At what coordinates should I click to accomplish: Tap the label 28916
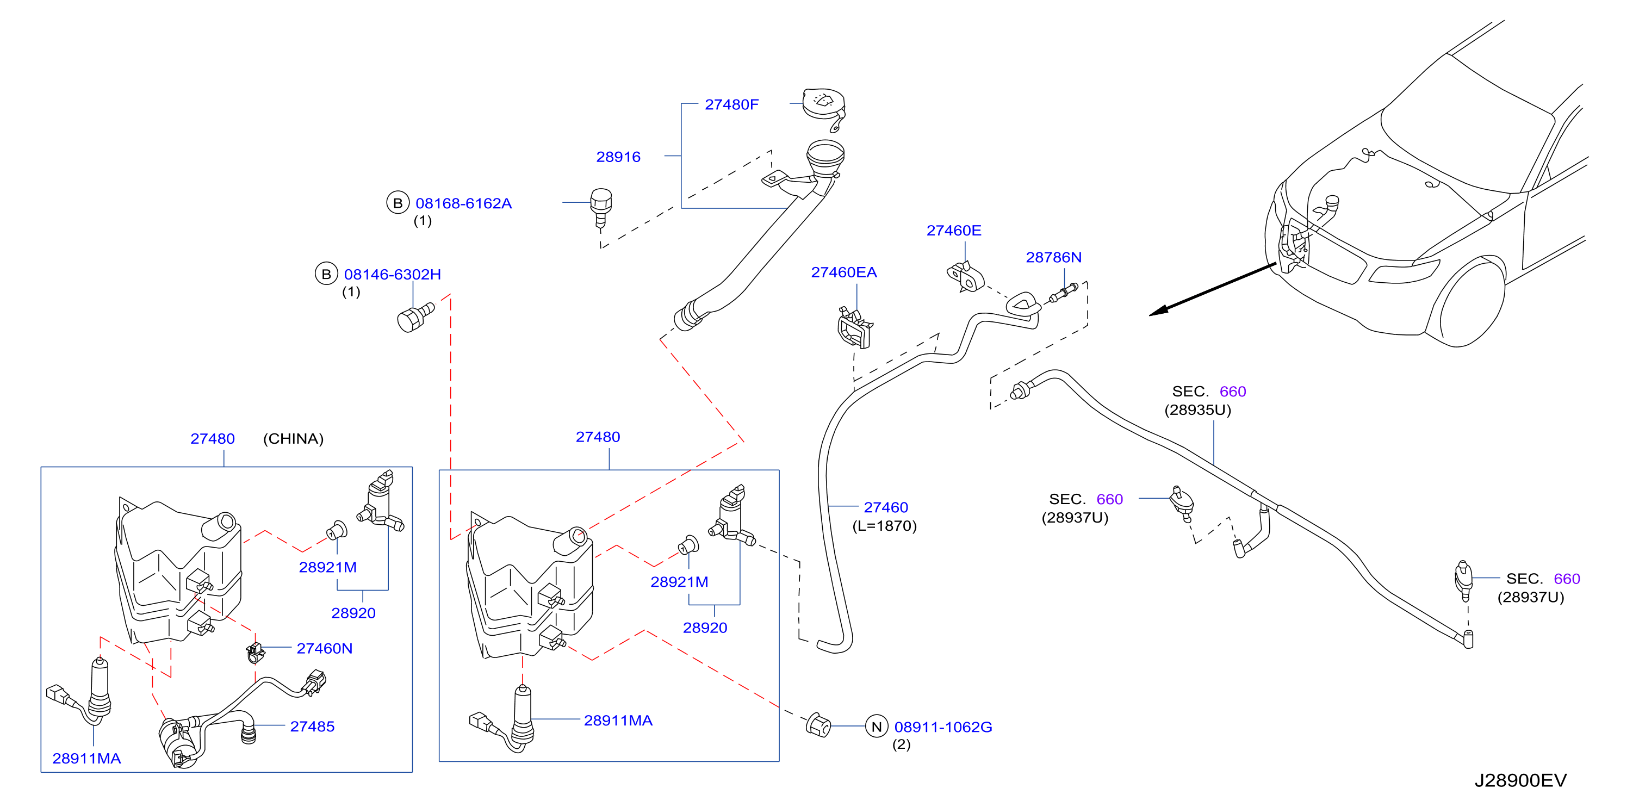[618, 157]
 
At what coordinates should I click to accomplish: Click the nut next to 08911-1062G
[818, 725]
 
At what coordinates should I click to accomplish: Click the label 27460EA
[843, 272]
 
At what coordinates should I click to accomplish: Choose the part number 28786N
[1054, 257]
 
